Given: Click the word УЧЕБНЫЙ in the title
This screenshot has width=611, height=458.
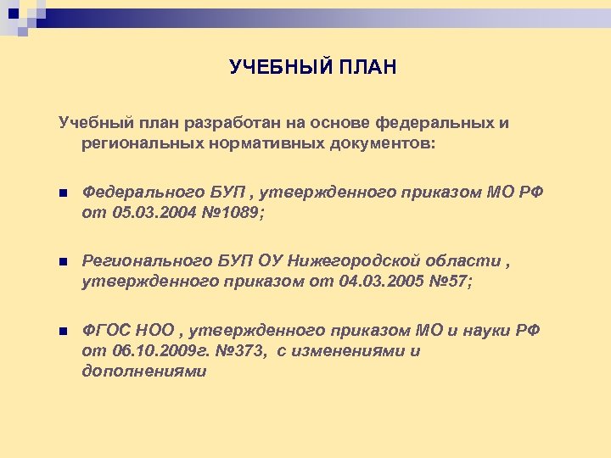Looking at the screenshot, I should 269,67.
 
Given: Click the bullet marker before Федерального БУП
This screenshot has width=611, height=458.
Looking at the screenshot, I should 63,193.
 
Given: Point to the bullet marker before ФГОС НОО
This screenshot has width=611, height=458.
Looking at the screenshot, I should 63,331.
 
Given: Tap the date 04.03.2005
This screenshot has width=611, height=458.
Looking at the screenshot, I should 368,282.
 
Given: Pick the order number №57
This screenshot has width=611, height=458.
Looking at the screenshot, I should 447,282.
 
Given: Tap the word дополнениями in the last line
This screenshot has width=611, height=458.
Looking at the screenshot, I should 143,371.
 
